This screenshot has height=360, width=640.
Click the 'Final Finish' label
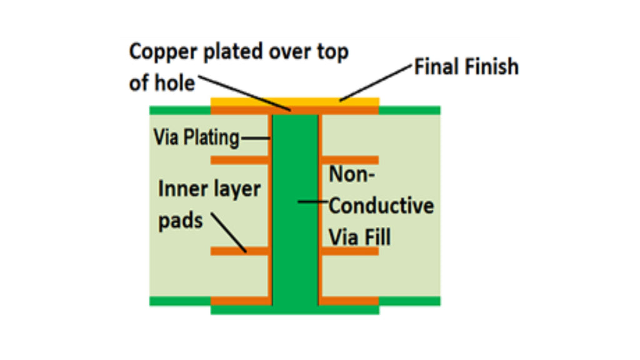click(x=466, y=67)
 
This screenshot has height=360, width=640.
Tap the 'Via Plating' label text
click(x=197, y=137)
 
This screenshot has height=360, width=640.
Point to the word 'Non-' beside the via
click(x=352, y=174)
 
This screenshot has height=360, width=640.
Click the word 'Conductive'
click(x=381, y=206)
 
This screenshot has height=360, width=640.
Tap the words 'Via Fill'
click(x=360, y=237)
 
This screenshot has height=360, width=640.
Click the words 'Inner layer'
click(x=209, y=188)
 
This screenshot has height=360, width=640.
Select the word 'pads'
click(x=181, y=220)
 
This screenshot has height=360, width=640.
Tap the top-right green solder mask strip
click(x=409, y=110)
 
